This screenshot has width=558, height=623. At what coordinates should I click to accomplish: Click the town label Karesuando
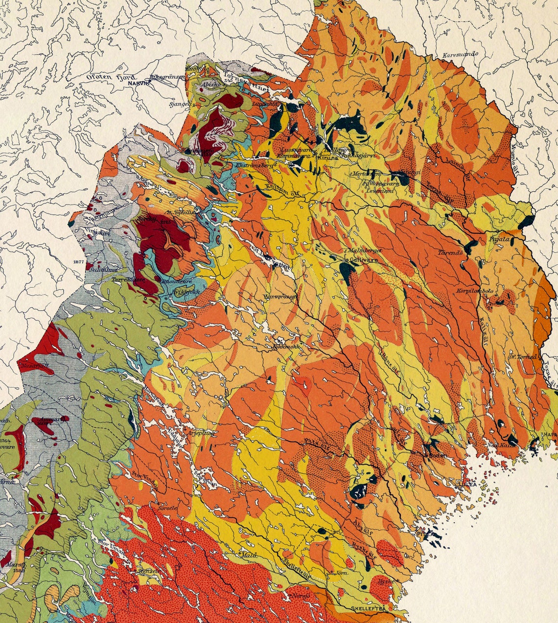(x=460, y=55)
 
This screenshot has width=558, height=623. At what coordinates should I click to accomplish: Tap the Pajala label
(x=499, y=240)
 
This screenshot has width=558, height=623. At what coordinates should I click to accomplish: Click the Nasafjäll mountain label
(x=35, y=365)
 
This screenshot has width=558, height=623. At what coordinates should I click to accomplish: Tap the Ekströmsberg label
(x=254, y=166)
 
